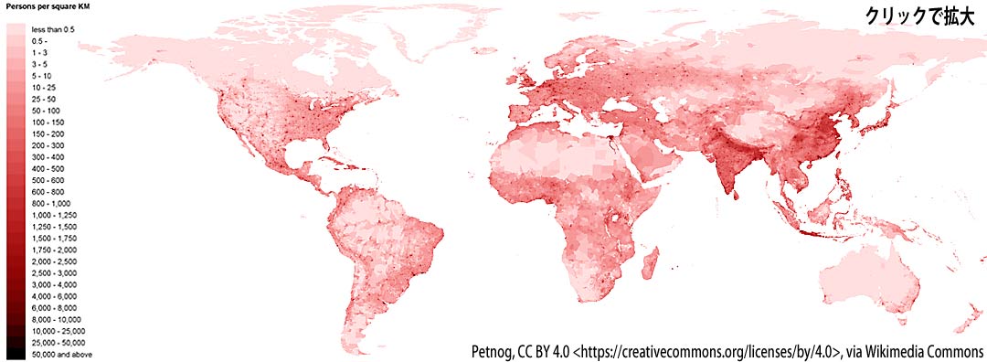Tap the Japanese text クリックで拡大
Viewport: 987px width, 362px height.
pos(922,16)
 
